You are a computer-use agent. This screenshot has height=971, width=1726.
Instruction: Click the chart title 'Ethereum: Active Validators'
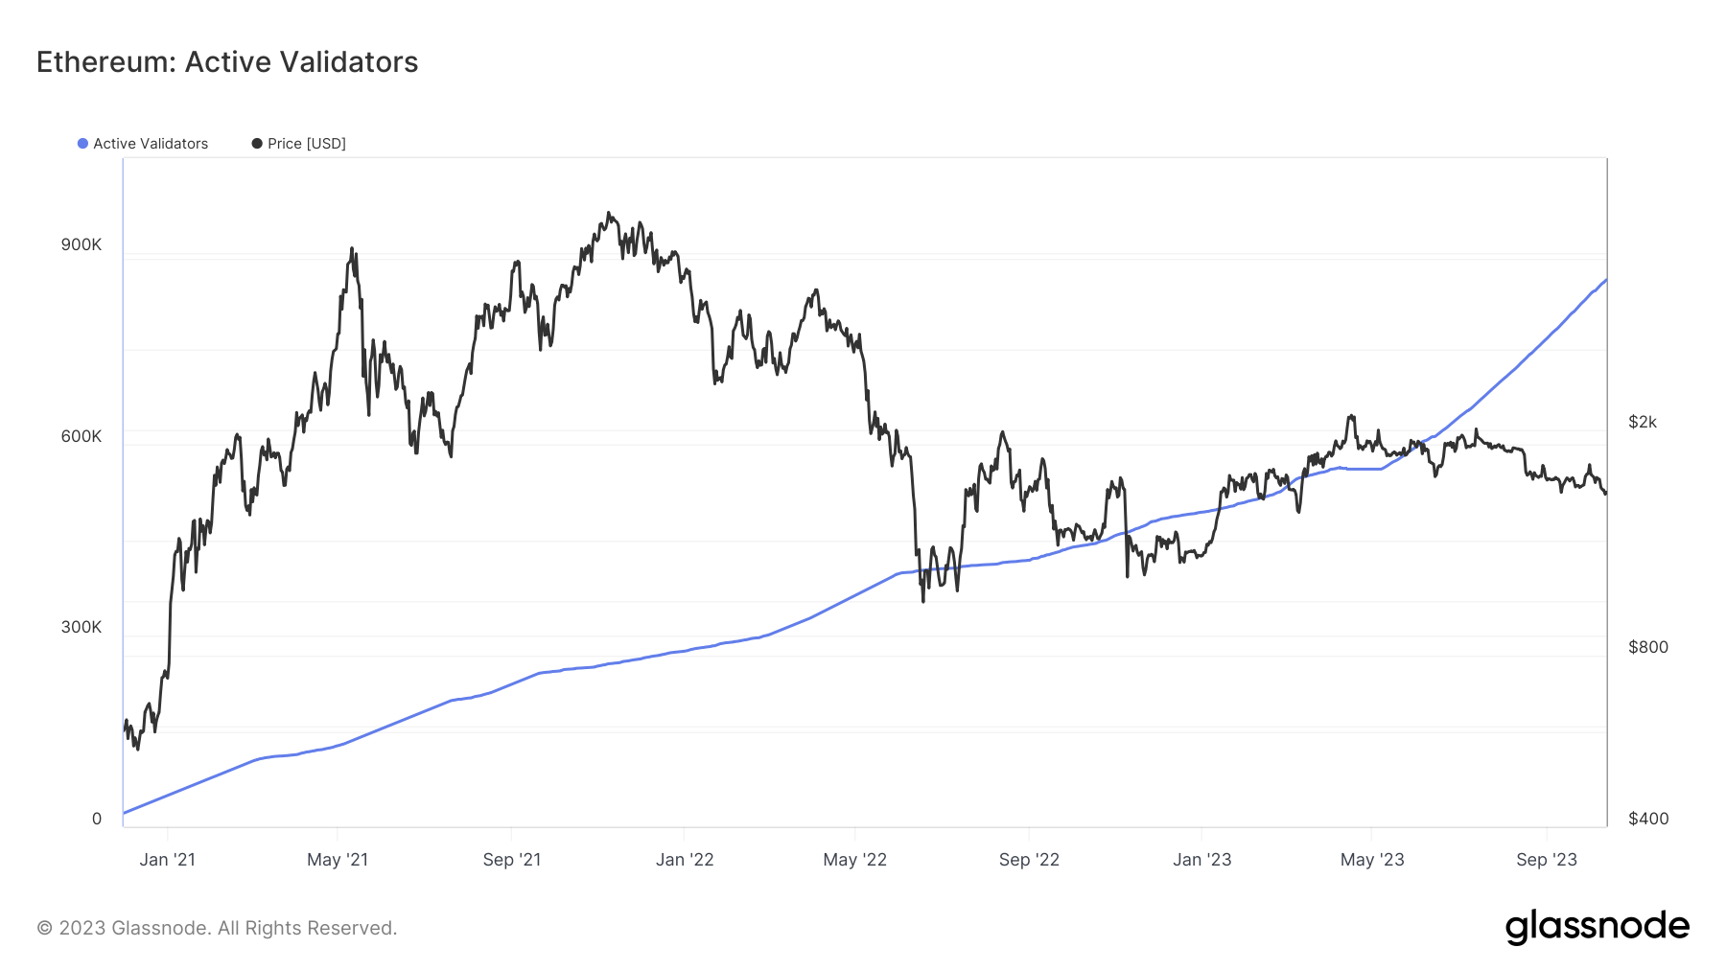[227, 62]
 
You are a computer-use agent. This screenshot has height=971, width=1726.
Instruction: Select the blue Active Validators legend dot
[83, 144]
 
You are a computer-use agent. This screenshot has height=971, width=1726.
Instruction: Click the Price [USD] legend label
[306, 144]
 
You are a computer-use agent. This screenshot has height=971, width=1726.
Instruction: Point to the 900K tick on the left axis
[82, 244]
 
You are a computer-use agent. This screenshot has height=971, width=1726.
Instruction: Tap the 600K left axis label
[82, 436]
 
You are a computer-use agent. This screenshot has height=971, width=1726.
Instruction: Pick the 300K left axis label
[82, 627]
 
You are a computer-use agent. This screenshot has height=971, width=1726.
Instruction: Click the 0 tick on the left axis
[97, 819]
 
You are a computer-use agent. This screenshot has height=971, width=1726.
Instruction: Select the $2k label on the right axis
[1643, 422]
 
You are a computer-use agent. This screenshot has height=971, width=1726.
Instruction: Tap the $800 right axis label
[1648, 647]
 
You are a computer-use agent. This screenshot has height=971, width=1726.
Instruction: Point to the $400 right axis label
[1648, 819]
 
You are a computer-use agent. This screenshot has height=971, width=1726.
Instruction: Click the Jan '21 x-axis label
[168, 860]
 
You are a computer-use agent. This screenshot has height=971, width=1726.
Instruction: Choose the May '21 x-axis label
[338, 860]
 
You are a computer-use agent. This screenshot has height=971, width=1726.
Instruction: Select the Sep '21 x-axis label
[512, 860]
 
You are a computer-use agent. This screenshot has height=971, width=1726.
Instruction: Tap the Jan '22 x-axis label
[685, 860]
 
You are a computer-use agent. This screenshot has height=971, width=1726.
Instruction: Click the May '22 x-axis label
[855, 860]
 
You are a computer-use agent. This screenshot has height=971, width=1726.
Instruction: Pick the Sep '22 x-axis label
[1029, 860]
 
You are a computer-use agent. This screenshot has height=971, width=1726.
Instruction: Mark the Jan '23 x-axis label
[1202, 860]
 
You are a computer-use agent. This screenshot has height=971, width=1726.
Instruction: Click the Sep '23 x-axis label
[1547, 860]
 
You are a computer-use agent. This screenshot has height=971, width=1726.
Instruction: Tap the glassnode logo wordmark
[1598, 927]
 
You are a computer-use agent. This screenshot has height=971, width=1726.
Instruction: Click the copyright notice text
[217, 928]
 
